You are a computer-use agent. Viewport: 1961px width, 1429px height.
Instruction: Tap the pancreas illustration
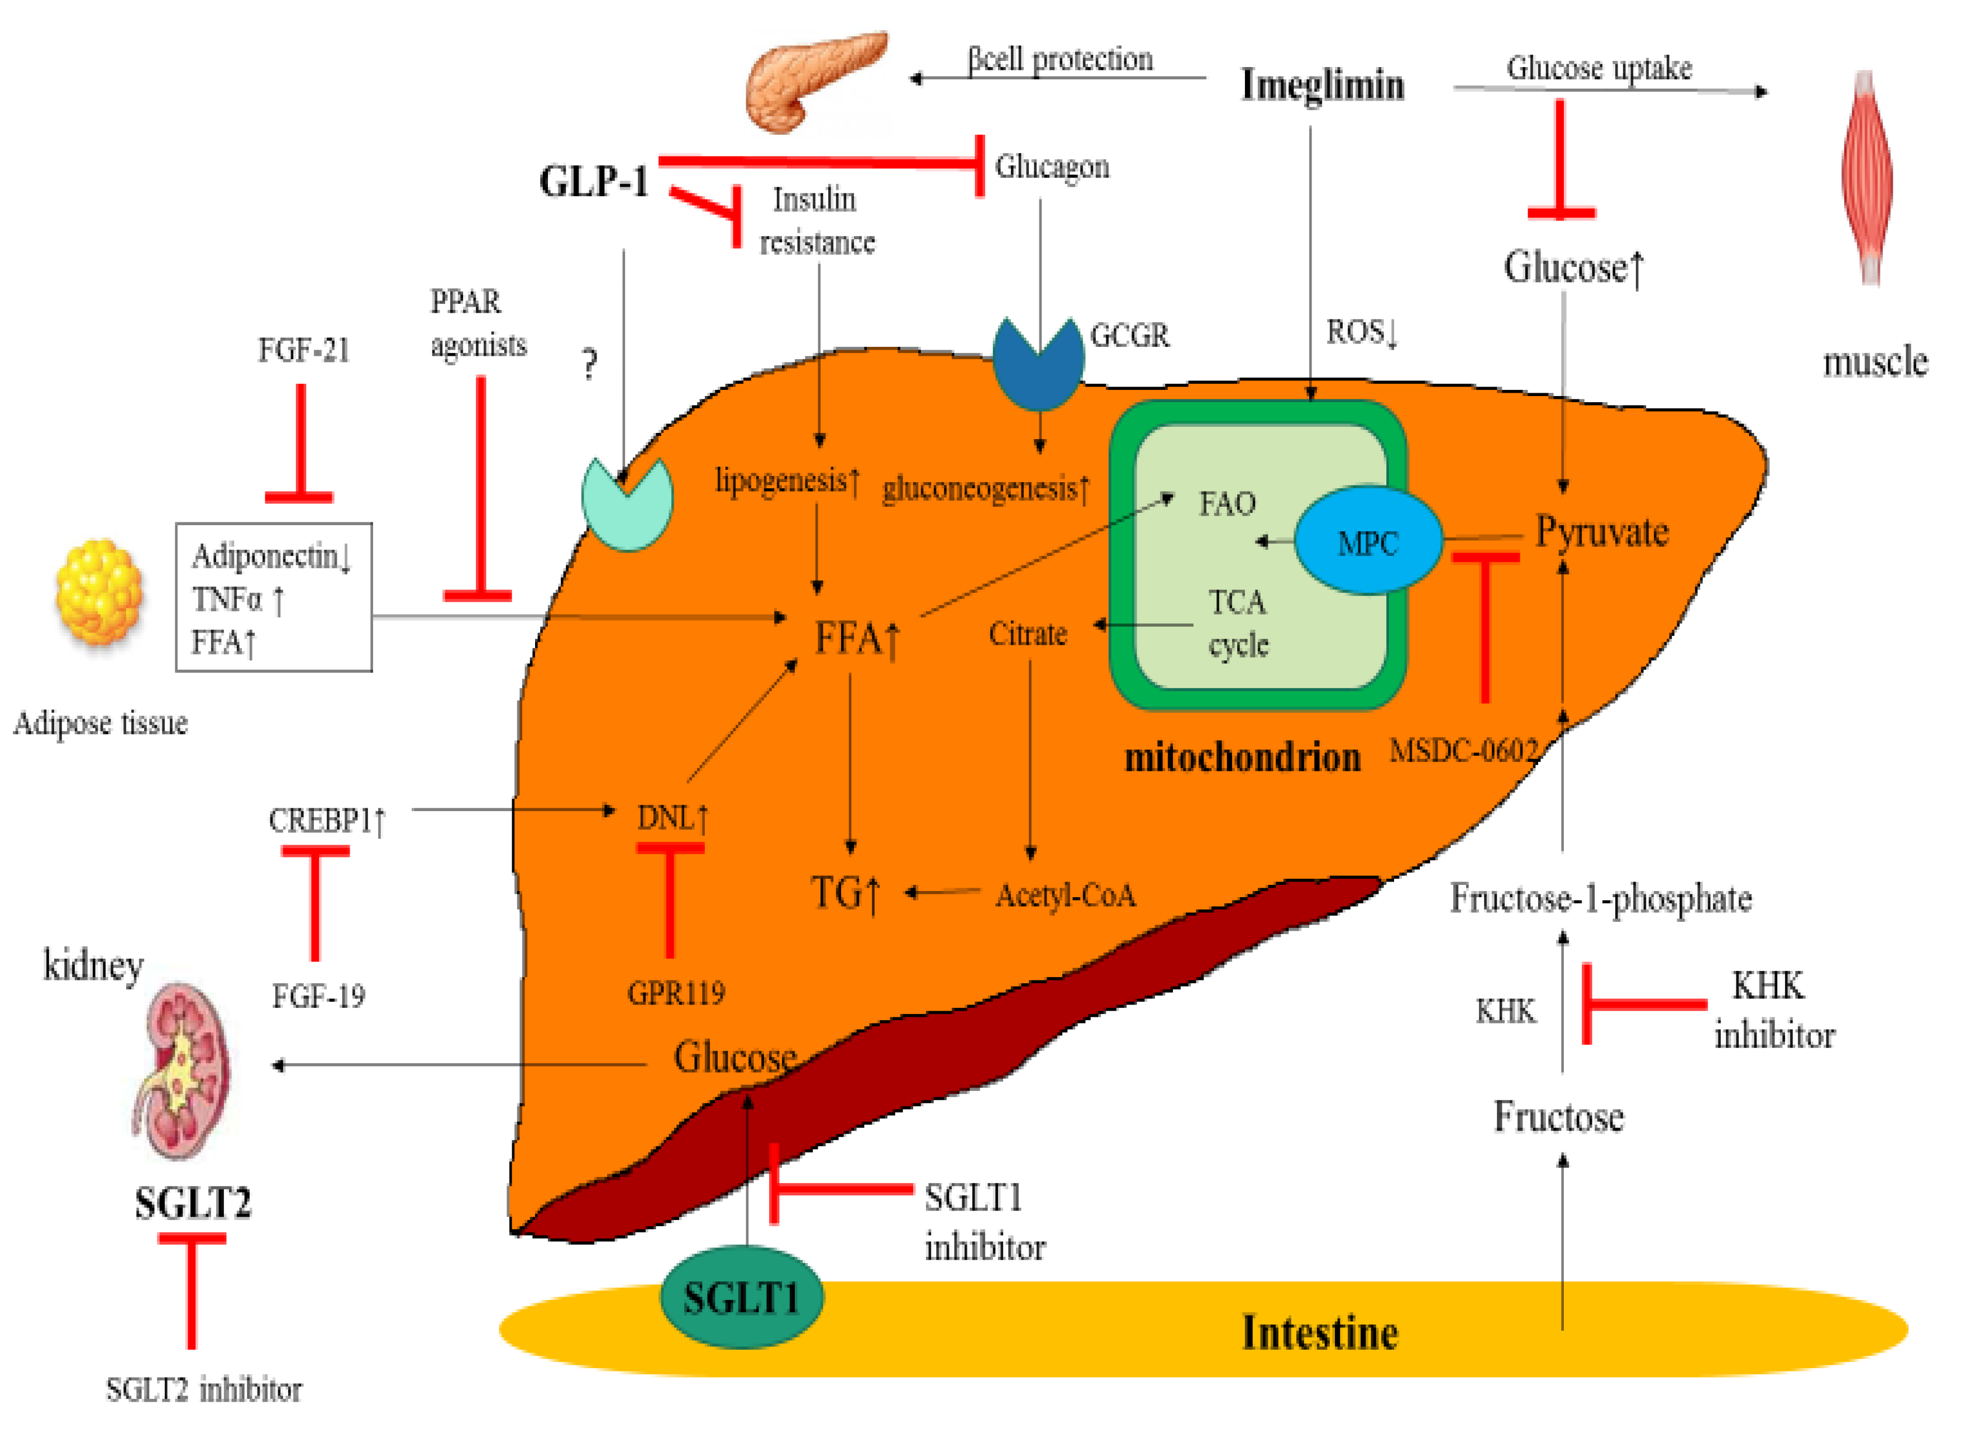coord(813,82)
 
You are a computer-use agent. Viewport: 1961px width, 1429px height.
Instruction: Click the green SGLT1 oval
coord(741,1298)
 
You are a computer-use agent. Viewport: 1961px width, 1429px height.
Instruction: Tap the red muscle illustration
coord(1868,177)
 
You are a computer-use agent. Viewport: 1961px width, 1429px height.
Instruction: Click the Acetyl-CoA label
coord(1065,895)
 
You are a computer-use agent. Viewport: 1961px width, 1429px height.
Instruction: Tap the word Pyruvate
coord(1601,532)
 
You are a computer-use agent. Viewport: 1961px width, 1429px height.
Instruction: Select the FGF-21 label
coord(303,350)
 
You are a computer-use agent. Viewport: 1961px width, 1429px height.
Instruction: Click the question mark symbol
coord(590,364)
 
